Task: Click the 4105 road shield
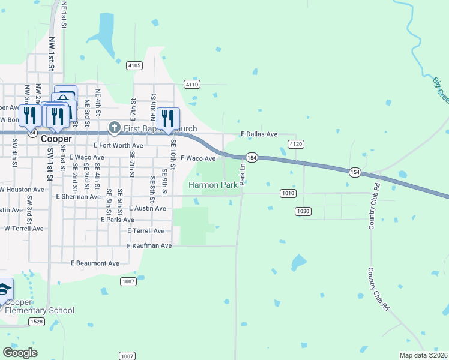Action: pyautogui.click(x=134, y=65)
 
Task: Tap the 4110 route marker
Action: pyautogui.click(x=192, y=85)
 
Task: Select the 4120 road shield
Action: pyautogui.click(x=295, y=145)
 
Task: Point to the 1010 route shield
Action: pyautogui.click(x=288, y=193)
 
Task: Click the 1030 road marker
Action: pyautogui.click(x=303, y=211)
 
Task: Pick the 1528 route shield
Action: pyautogui.click(x=37, y=322)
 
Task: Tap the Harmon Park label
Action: pyautogui.click(x=213, y=185)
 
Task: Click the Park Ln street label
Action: pyautogui.click(x=243, y=174)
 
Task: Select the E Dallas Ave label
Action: pyautogui.click(x=259, y=134)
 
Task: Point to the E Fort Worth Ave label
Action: pyautogui.click(x=119, y=145)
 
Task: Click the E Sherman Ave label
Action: pyautogui.click(x=79, y=196)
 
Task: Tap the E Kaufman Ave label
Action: pyautogui.click(x=149, y=246)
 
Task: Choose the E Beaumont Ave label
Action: pyautogui.click(x=95, y=263)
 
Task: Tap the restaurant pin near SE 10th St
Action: pyautogui.click(x=168, y=118)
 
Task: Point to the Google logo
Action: pyautogui.click(x=20, y=353)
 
